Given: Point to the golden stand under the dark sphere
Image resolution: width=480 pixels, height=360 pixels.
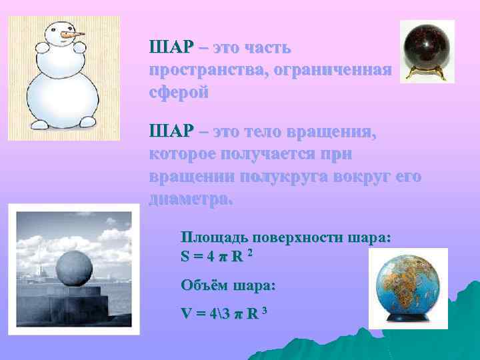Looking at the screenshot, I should coord(427,73).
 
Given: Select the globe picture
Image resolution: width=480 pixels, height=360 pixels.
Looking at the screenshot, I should coord(408,287).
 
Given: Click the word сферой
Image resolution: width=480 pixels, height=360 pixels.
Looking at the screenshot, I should coord(179,92).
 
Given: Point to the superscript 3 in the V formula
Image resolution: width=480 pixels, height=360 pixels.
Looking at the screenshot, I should coord(264,309).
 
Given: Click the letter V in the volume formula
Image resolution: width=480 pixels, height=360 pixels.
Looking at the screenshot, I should coord(185,313).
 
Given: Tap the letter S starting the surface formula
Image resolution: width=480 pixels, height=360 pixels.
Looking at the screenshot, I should coord(185,256).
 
